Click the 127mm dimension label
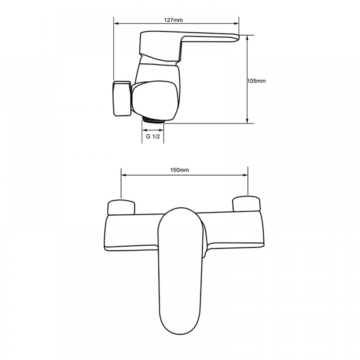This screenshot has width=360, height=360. pyautogui.click(x=174, y=20)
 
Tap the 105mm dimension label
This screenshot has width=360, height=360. pyautogui.click(x=256, y=81)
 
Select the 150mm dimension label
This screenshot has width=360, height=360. pyautogui.click(x=180, y=170)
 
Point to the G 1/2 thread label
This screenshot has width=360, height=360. pyautogui.click(x=153, y=136)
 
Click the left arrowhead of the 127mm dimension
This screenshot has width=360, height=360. pyautogui.click(x=116, y=23)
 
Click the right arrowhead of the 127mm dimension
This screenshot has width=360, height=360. pyautogui.click(x=237, y=23)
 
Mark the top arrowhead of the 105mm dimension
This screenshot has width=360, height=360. pyautogui.click(x=247, y=38)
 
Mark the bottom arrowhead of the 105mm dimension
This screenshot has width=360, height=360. pyautogui.click(x=247, y=121)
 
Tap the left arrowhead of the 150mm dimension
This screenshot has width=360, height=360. pyautogui.click(x=123, y=175)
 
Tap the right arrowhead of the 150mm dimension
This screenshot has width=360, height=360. pyautogui.click(x=246, y=175)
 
